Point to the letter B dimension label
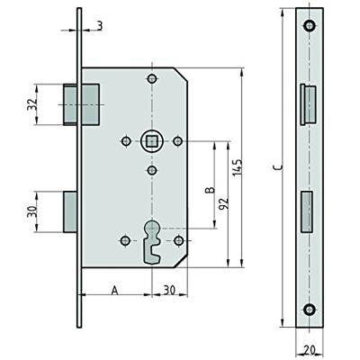[208, 190]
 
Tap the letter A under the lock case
[114, 290]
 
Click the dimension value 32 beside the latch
[33, 104]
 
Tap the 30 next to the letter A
[168, 290]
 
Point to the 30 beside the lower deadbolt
[33, 211]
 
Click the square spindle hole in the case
[151, 140]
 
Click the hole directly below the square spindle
[151, 170]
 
